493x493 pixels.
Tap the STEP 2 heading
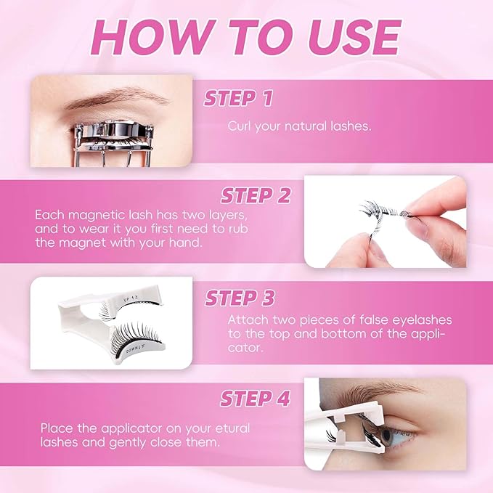[256, 195]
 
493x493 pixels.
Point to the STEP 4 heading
[256, 399]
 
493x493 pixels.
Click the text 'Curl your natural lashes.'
[299, 126]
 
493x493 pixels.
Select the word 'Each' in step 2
[47, 216]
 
